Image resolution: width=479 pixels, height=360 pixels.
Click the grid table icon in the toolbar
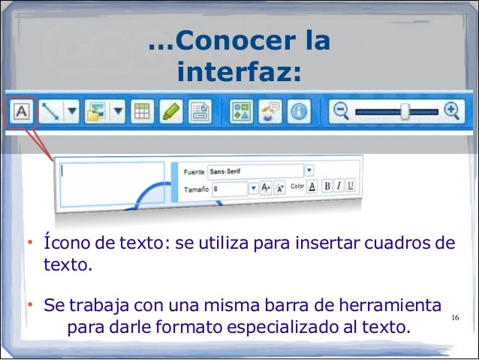[140, 113]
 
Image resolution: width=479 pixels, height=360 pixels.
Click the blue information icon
[300, 113]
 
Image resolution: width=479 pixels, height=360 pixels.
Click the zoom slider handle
[405, 112]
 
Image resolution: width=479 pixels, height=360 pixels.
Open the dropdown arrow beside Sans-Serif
[309, 171]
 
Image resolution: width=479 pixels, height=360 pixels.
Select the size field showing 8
[229, 188]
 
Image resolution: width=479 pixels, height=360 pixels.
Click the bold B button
[326, 186]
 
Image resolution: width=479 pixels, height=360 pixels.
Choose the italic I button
[339, 186]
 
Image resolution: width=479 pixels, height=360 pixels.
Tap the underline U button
[351, 186]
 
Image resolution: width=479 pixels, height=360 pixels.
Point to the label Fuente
[194, 171]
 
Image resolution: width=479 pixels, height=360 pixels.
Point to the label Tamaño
[196, 189]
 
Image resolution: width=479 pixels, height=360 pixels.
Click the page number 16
[455, 319]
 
